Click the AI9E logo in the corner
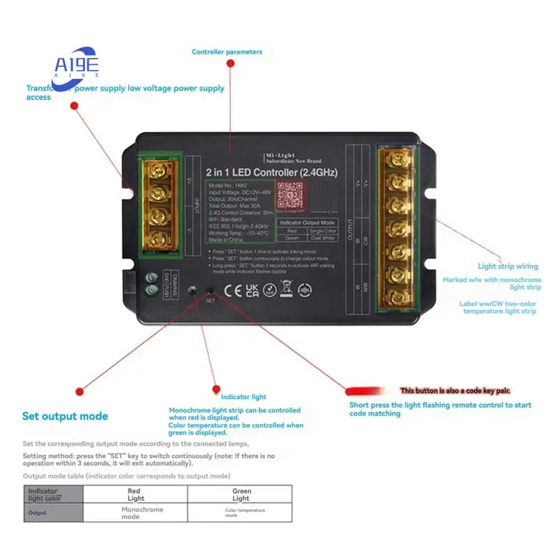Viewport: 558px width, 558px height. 77,65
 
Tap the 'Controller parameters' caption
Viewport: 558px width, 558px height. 227,52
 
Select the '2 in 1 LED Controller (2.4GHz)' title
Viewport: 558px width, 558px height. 270,172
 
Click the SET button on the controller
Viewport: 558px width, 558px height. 210,290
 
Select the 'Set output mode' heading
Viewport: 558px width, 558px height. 65,416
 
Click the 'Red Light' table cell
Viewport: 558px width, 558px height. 136,495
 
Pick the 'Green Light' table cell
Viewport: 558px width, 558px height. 241,495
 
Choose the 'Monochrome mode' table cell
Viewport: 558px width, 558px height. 136,513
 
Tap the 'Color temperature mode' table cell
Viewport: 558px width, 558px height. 241,513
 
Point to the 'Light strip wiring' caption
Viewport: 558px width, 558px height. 508,266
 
